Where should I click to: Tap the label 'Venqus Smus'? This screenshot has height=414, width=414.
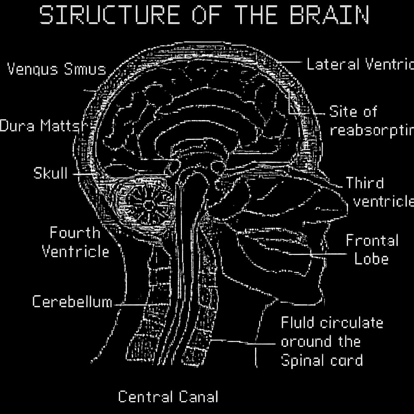[57, 69]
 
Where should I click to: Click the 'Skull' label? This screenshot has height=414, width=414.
[51, 173]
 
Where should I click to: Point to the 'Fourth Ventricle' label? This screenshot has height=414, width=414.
[76, 242]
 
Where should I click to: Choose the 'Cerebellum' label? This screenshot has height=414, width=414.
[72, 302]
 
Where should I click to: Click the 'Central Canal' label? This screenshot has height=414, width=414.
[168, 397]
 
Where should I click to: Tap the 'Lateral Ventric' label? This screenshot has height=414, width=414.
[360, 64]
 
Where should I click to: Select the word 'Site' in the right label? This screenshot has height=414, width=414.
[342, 111]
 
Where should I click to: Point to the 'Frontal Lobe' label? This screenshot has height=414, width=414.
[372, 250]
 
